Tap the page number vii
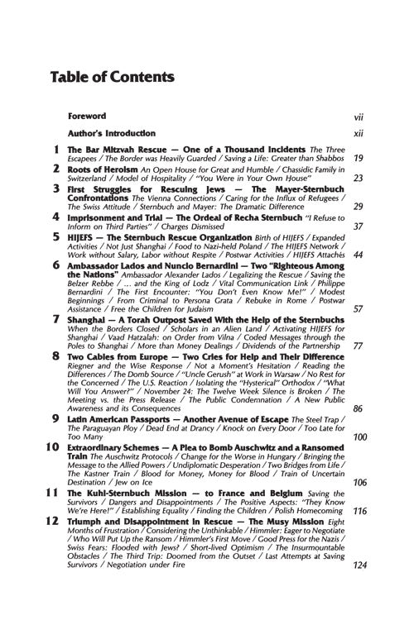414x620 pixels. point(358,117)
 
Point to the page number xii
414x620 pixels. point(358,133)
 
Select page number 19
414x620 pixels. point(358,158)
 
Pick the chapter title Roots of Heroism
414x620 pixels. point(103,168)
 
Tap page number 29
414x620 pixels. point(358,206)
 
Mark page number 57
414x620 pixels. point(358,308)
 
